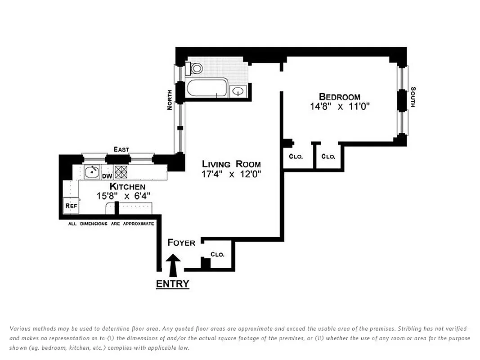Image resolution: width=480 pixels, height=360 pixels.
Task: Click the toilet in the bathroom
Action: (195, 68)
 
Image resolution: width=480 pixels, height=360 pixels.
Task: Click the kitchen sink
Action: (92, 171)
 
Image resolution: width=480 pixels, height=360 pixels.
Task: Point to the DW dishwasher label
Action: (107, 176)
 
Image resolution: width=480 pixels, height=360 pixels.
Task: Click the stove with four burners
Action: (121, 171)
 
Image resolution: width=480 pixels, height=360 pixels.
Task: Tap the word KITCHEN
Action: (127, 187)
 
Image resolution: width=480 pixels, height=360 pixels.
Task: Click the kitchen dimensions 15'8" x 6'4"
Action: (123, 196)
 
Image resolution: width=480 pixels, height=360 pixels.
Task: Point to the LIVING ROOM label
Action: (231, 164)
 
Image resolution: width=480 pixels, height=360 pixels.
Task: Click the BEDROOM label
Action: (339, 97)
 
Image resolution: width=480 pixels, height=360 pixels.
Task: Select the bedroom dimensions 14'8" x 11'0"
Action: (339, 107)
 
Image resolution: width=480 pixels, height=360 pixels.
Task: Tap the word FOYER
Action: (181, 243)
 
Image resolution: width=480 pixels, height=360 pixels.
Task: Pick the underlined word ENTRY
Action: (172, 284)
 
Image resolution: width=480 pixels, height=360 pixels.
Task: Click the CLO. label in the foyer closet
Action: (217, 254)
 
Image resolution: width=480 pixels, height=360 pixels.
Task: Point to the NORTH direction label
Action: (170, 100)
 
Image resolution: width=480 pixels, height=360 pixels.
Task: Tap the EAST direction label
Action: (121, 149)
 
